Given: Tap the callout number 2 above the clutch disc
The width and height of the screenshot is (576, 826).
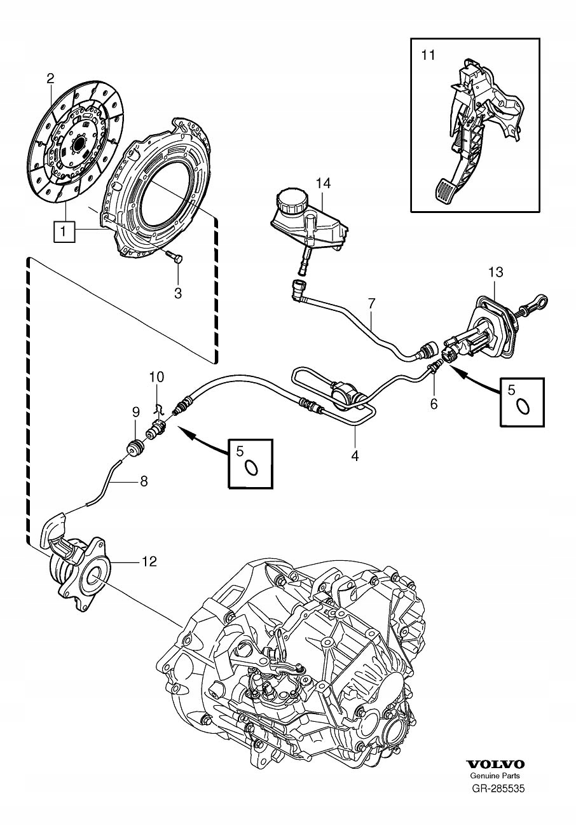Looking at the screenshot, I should point(50,78).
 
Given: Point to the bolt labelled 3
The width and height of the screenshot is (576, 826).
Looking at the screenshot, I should point(174,258).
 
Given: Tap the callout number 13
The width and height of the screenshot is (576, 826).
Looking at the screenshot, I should point(495,272).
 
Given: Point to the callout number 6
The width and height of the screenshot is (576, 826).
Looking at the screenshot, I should point(434,403).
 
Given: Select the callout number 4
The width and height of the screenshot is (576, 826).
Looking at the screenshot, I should point(355,455).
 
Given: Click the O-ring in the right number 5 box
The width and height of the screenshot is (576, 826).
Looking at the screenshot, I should point(523,406).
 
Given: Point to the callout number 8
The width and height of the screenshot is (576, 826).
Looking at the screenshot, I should point(144,482).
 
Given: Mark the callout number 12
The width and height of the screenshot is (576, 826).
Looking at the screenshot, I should point(149,561).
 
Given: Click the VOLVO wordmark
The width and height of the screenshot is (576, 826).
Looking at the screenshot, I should point(495,764).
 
